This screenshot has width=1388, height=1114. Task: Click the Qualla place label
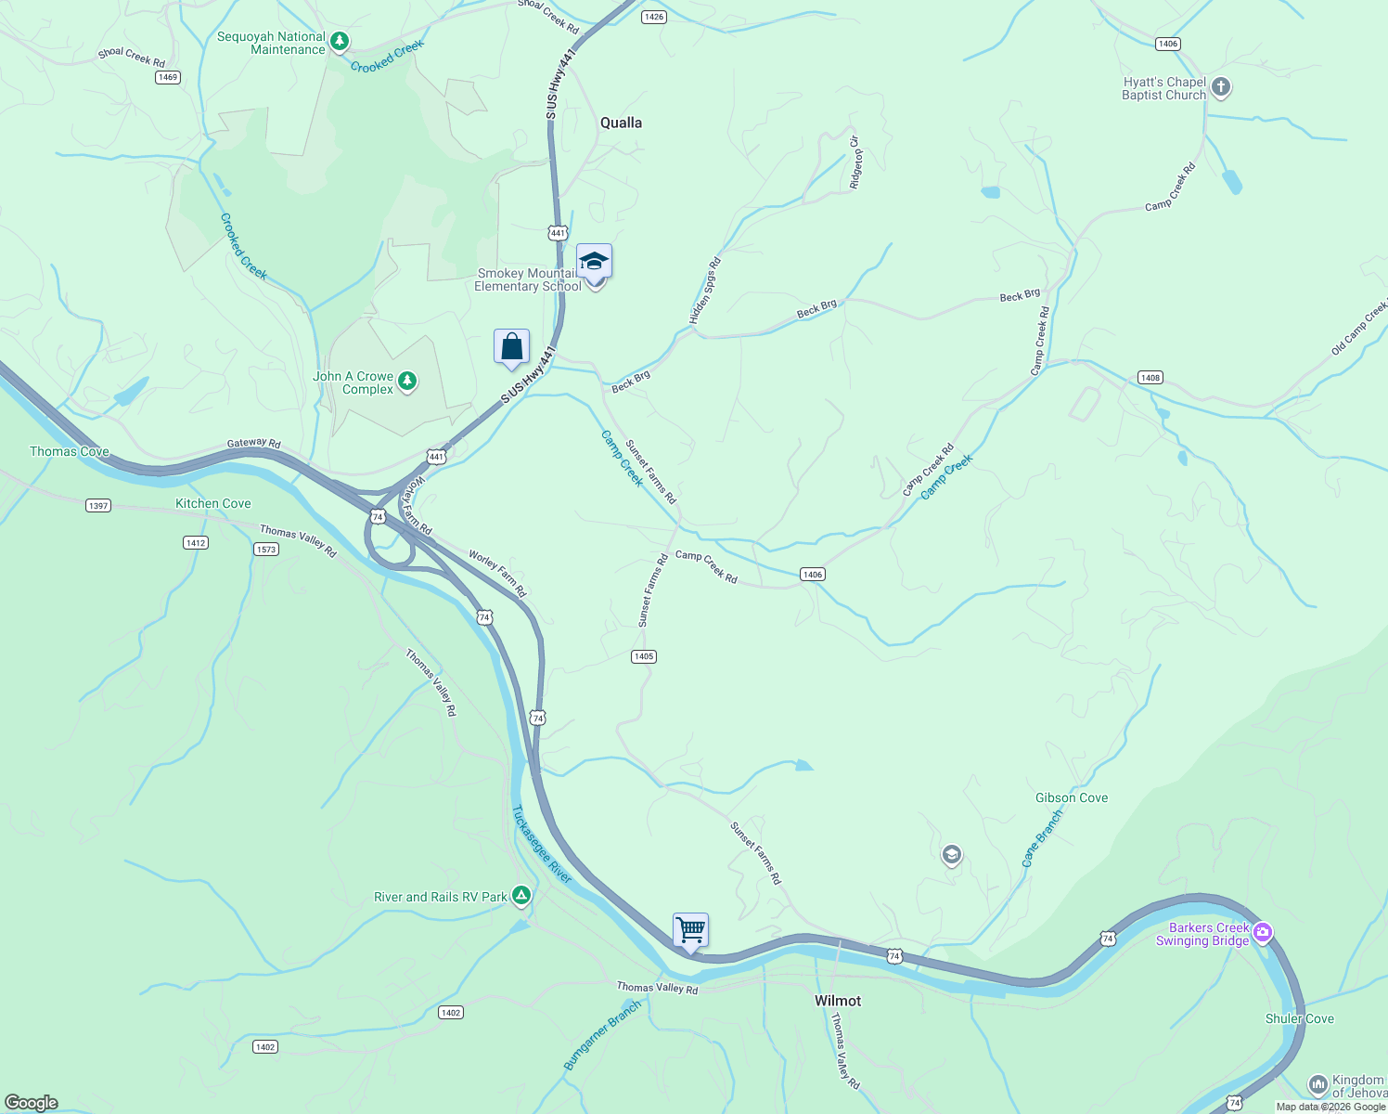coord(621,123)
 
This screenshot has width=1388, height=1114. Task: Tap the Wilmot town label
coord(837,1001)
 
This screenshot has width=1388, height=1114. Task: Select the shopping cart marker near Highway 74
coord(690,930)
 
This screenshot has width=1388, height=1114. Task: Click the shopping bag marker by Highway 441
coord(511,347)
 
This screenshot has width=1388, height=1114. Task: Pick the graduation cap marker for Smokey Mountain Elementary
coord(594,262)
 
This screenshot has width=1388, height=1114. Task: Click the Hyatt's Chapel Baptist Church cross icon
coord(1221,88)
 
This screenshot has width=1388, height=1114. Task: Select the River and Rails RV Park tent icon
coord(521,896)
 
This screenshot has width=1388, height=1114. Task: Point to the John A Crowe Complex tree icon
coord(407,382)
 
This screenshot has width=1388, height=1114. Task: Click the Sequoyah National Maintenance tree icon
coord(340,42)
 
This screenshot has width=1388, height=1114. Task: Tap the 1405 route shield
coord(644,656)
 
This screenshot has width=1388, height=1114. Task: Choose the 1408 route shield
coord(1150,378)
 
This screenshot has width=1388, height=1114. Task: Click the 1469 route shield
coord(168,77)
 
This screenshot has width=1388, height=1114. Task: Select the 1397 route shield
coord(98,506)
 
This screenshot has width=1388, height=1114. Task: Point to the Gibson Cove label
coord(1072,797)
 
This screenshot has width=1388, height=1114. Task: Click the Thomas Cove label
coord(70,451)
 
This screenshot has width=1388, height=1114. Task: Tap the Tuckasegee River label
coord(542,844)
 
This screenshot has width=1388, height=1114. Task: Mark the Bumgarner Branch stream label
coord(602,1035)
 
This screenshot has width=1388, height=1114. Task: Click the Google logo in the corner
coord(31,1103)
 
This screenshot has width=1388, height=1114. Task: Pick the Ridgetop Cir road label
coord(855,162)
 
